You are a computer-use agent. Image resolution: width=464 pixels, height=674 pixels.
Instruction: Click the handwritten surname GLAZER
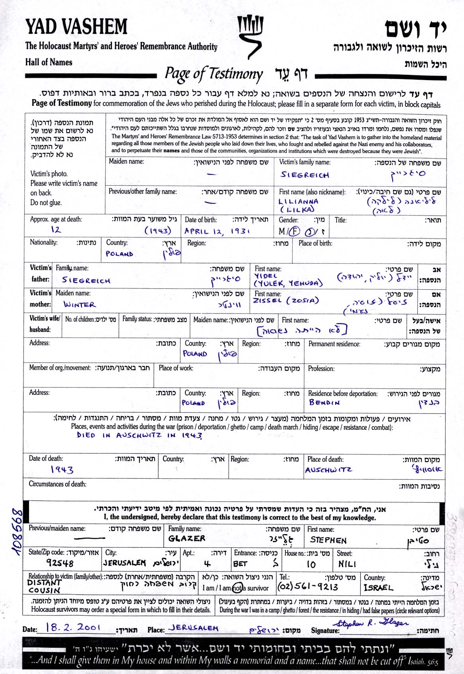point(187,539)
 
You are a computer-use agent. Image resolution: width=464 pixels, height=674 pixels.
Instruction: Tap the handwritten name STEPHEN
point(328,540)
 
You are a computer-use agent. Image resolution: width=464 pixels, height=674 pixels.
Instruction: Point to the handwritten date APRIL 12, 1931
point(217,231)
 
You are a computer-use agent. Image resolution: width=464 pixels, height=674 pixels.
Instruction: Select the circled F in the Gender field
point(294,231)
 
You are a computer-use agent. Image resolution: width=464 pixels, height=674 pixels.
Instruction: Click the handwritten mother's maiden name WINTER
point(80,305)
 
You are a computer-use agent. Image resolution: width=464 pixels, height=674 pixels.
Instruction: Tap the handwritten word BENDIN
point(324,402)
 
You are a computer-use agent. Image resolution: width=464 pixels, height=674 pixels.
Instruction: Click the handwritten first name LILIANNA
point(298,202)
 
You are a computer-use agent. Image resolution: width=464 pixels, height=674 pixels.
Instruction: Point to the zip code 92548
point(60,563)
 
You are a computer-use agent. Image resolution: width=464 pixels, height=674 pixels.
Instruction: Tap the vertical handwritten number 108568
point(18,531)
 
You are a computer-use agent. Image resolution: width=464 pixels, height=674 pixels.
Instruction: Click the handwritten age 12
point(56,229)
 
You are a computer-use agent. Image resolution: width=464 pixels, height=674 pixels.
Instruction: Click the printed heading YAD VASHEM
point(77,27)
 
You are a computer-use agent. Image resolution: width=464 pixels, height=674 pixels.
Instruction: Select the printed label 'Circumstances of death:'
point(57,484)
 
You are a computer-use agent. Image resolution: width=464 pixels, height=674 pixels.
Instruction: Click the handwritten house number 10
point(311,564)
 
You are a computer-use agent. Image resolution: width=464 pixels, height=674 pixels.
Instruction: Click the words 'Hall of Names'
point(49,62)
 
